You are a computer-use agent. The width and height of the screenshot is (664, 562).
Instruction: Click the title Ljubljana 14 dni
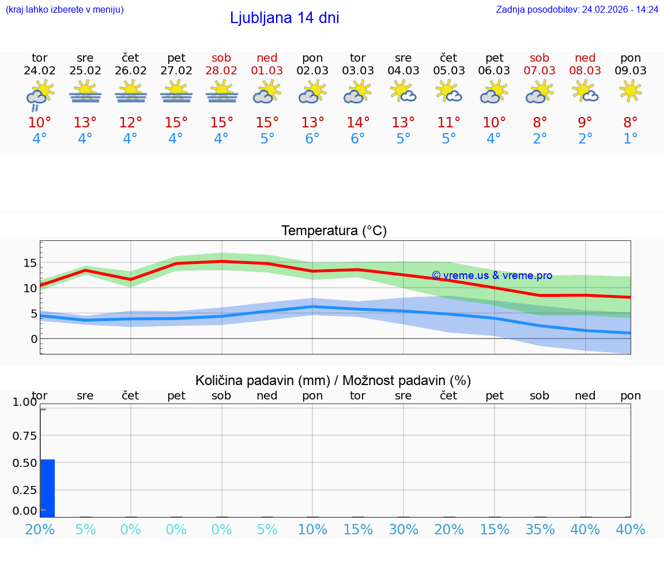[x=284, y=18]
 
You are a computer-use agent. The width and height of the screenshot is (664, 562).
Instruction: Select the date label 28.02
[x=221, y=71]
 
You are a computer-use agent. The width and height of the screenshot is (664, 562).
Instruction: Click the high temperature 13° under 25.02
[x=85, y=123]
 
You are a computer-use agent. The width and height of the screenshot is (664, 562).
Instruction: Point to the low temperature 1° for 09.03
[x=631, y=139]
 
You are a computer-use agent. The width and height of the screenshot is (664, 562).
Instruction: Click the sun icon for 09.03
[x=631, y=91]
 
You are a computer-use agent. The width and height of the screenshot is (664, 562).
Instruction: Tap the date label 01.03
[x=267, y=71]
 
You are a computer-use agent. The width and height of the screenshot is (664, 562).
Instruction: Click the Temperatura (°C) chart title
[x=334, y=231]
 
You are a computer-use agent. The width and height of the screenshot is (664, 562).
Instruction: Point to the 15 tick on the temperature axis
[x=30, y=263]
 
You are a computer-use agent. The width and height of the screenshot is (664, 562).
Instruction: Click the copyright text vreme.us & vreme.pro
[x=492, y=276]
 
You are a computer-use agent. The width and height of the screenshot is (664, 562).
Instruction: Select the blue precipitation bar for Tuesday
[x=47, y=488]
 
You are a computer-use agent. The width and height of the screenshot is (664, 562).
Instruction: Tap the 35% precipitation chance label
[x=539, y=530]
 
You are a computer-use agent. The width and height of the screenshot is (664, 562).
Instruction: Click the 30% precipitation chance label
[x=403, y=530]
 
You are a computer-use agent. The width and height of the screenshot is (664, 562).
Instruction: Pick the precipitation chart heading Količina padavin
[x=333, y=380]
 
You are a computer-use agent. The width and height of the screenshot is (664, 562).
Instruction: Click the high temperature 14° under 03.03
[x=357, y=123]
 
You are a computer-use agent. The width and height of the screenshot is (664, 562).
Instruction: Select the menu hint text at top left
[x=64, y=10]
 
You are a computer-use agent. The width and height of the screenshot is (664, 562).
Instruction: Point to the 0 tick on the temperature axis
[x=33, y=339]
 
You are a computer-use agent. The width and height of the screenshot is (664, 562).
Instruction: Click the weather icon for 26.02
[x=130, y=92]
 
